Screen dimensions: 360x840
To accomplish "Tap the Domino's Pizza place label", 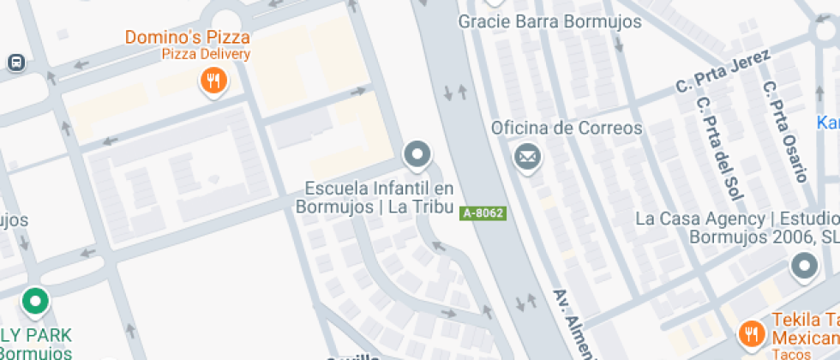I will (x=188, y=37).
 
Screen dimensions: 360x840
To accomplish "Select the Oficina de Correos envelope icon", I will (x=526, y=157).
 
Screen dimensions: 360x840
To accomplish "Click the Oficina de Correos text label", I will (x=566, y=129).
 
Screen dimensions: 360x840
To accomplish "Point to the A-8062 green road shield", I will (x=483, y=213).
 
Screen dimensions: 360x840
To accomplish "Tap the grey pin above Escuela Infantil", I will (x=417, y=154).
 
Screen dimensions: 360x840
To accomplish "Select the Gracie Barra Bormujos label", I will (x=549, y=21).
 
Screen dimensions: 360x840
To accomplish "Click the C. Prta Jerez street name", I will (x=723, y=73).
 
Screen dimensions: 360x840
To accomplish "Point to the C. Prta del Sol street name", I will (x=720, y=146).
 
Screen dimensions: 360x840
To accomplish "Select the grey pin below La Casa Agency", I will (x=803, y=267).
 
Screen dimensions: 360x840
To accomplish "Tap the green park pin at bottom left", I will (x=35, y=301).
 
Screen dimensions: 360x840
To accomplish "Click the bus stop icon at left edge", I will (x=15, y=63).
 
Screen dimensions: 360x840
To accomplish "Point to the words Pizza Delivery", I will (x=207, y=55).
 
